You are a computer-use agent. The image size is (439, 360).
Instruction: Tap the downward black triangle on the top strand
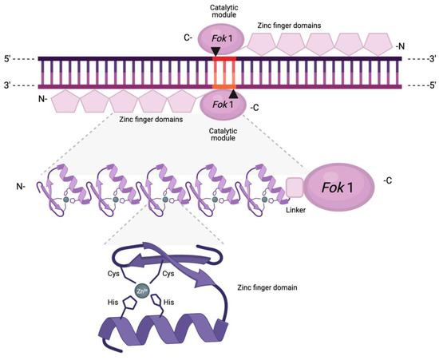click(216, 52)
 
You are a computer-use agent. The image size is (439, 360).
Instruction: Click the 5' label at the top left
click(7, 58)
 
